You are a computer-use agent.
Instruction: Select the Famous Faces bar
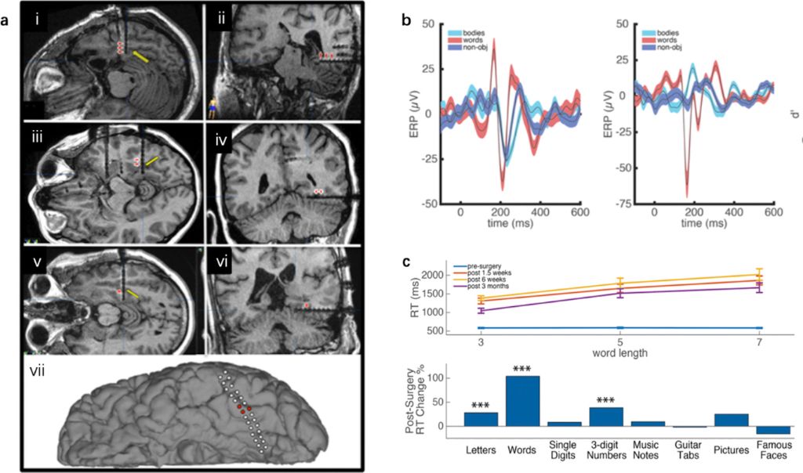[772, 430]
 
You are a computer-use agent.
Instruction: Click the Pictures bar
[730, 420]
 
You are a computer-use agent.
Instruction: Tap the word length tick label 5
[620, 342]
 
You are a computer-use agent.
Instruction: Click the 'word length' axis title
[620, 354]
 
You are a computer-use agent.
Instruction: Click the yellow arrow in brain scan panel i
[142, 56]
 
